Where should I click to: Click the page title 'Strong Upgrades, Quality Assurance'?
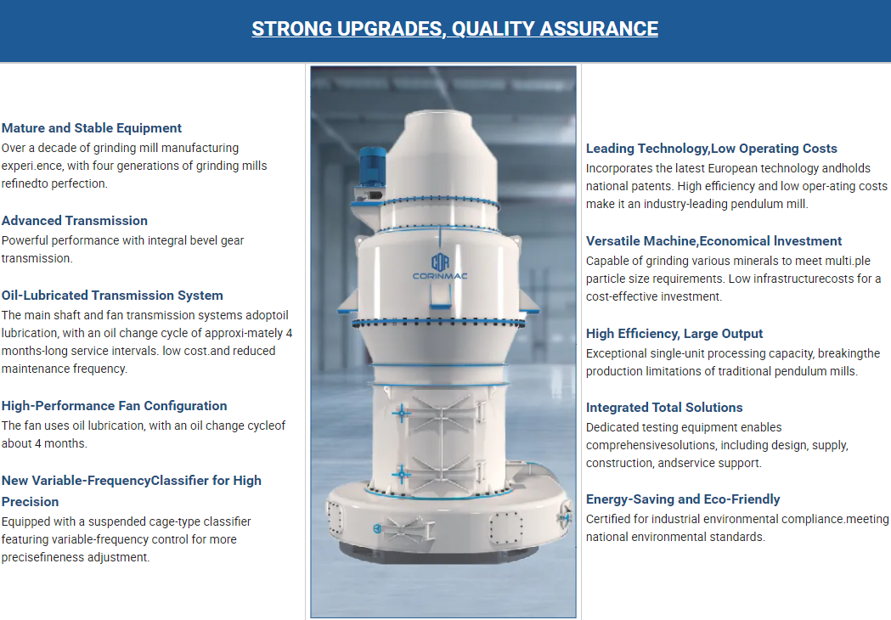coord(454,28)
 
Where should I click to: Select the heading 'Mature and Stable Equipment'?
coord(92,128)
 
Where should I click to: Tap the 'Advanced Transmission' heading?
coord(75,221)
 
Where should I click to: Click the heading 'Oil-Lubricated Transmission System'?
coord(112,296)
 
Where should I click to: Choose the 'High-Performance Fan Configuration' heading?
coord(114,406)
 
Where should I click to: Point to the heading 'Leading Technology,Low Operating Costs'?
coord(712,149)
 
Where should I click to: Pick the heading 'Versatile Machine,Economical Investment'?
coord(713,241)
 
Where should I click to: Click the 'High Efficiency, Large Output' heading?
coord(674,334)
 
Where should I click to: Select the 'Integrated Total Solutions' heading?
coord(664,408)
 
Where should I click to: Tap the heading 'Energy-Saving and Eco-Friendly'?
coord(683,499)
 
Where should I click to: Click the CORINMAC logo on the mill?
coord(440,267)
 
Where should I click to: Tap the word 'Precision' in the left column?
coord(30,502)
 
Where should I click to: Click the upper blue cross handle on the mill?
coord(401,413)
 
